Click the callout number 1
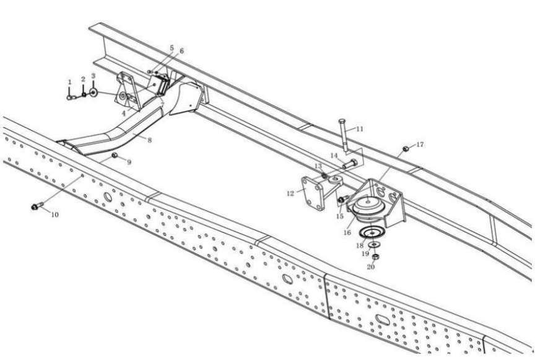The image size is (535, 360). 70,82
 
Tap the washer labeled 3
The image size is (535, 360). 93,92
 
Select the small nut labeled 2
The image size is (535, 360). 84,95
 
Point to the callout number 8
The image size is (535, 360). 149,139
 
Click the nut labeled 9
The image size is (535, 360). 115,156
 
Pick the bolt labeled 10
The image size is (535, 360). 37,206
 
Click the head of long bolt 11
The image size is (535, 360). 342,121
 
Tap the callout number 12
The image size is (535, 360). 290,194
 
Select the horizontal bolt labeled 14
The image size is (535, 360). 350,164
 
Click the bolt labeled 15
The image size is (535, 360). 343,198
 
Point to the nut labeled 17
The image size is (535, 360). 406,149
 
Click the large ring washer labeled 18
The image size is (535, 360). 372,233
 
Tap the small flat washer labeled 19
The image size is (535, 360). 376,245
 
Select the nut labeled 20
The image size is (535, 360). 375,256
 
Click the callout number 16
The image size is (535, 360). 347,232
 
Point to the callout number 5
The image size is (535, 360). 172,48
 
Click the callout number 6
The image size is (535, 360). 181,51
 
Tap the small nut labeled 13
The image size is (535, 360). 324,175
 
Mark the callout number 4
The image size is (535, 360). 124,113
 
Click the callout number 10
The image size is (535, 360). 55,214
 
